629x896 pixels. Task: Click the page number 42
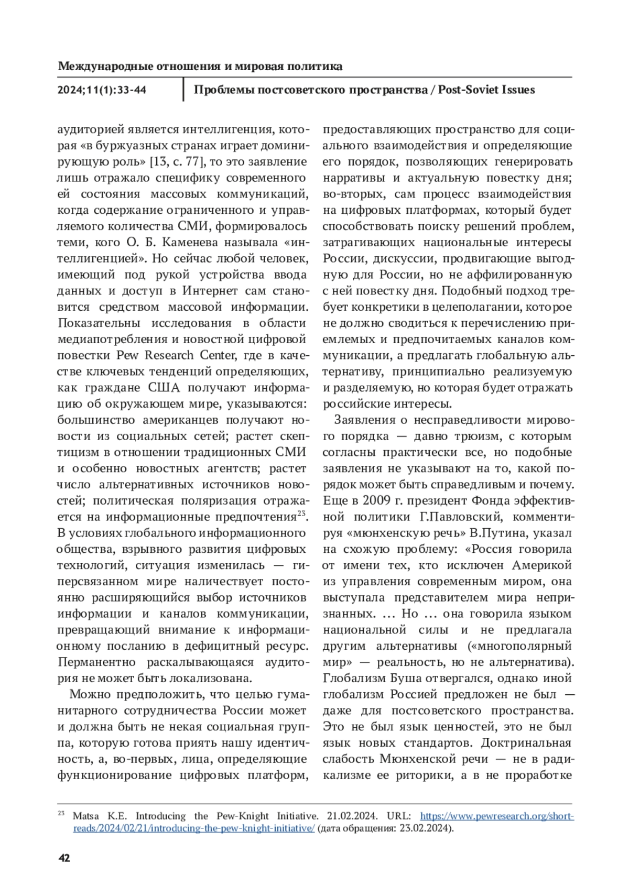click(x=64, y=858)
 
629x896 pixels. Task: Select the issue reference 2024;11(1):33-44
click(x=102, y=90)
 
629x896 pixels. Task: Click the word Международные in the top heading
click(x=100, y=67)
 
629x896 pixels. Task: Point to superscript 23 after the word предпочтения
click(x=301, y=514)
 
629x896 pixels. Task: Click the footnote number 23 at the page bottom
click(x=61, y=813)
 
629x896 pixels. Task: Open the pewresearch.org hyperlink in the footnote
click(x=497, y=816)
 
